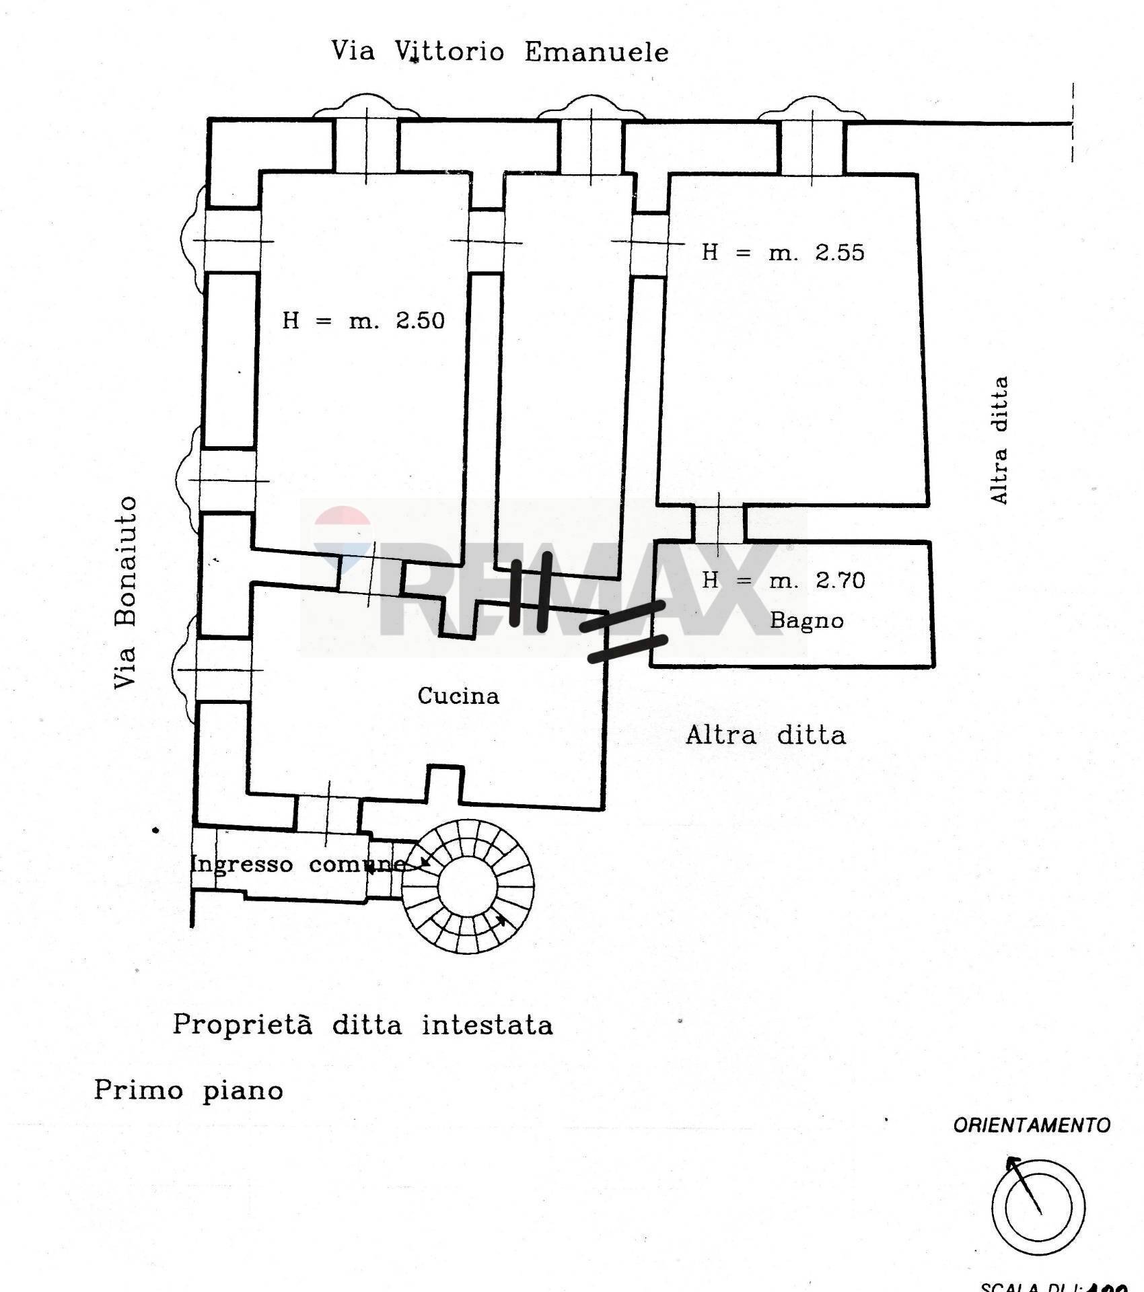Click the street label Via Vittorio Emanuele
click(x=500, y=52)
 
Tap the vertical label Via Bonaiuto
click(x=126, y=592)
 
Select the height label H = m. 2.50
click(x=363, y=320)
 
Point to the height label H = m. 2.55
click(x=783, y=253)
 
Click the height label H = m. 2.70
click(x=783, y=580)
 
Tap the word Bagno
click(x=806, y=620)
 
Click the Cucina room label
click(x=458, y=696)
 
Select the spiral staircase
click(x=468, y=886)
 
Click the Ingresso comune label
click(x=298, y=865)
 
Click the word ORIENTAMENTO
click(x=1031, y=1125)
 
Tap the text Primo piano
click(x=188, y=1090)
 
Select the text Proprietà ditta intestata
click(x=363, y=1026)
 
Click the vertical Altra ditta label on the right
click(x=999, y=440)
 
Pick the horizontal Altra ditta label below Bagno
click(x=766, y=735)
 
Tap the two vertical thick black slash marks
click(x=530, y=591)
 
